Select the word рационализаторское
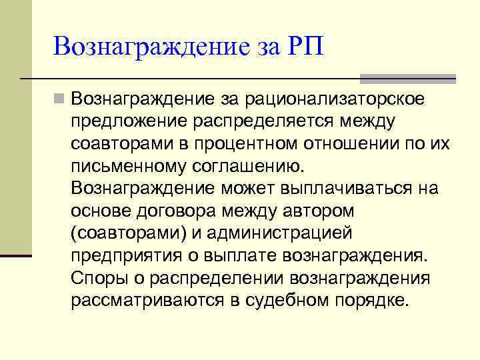[x=345, y=99]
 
